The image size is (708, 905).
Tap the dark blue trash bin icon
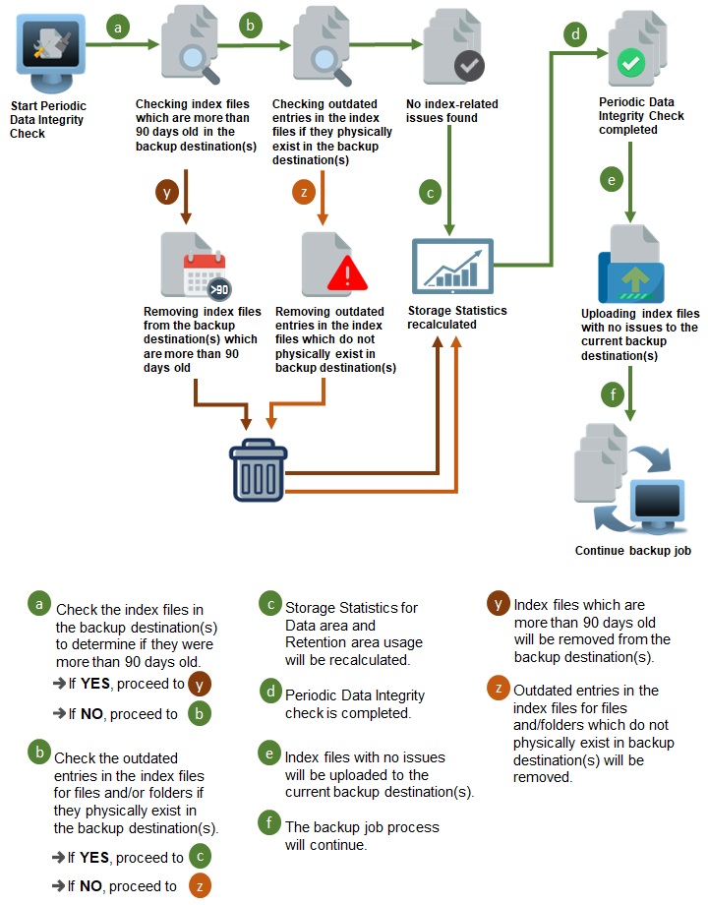[259, 470]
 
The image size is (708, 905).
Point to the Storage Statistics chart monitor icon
[452, 267]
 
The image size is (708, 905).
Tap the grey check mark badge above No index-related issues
[468, 67]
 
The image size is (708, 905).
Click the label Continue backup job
[632, 551]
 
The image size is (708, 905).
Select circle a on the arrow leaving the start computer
[119, 28]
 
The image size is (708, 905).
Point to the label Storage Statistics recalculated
[457, 318]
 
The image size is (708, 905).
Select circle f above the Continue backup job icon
[614, 396]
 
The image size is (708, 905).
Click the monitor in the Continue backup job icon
[656, 503]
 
